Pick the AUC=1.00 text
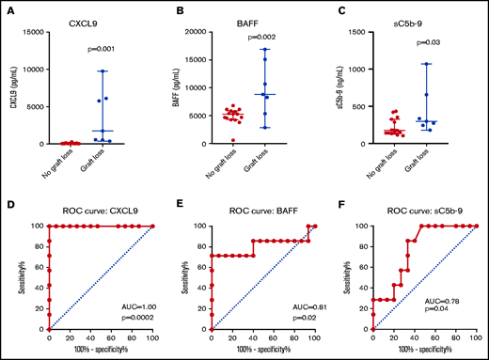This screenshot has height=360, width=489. (x=135, y=306)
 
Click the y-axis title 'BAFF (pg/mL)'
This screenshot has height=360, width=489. (x=178, y=88)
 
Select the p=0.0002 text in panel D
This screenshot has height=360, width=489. (x=135, y=318)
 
